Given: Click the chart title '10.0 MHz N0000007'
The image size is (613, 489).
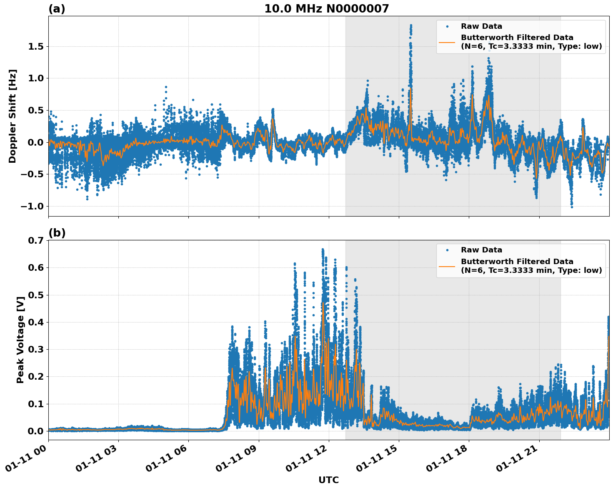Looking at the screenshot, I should (x=326, y=9).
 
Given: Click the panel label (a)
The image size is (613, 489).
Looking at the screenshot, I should (x=57, y=9).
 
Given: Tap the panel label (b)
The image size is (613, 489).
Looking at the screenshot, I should (x=57, y=233).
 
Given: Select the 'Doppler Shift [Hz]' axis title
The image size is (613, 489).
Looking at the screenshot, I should (x=13, y=116).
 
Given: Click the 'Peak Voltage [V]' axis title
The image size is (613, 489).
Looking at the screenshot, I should (x=20, y=340).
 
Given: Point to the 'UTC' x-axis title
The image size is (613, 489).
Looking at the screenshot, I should (x=328, y=480).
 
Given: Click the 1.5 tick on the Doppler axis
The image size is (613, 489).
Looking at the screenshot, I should (x=36, y=46).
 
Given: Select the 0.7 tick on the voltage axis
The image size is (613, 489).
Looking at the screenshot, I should (x=36, y=240).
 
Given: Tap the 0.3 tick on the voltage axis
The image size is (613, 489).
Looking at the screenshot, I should (x=36, y=349).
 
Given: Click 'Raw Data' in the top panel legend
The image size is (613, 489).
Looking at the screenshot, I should (x=481, y=26).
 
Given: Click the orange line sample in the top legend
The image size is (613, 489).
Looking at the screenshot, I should (x=447, y=42).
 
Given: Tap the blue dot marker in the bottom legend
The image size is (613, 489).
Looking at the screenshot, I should (x=447, y=250).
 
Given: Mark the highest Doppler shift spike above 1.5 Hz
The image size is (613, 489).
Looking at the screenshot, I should (x=411, y=25).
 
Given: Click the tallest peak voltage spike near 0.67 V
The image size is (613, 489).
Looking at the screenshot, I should (x=323, y=250).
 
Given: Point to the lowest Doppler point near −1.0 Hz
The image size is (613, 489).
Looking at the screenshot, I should (x=572, y=207).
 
